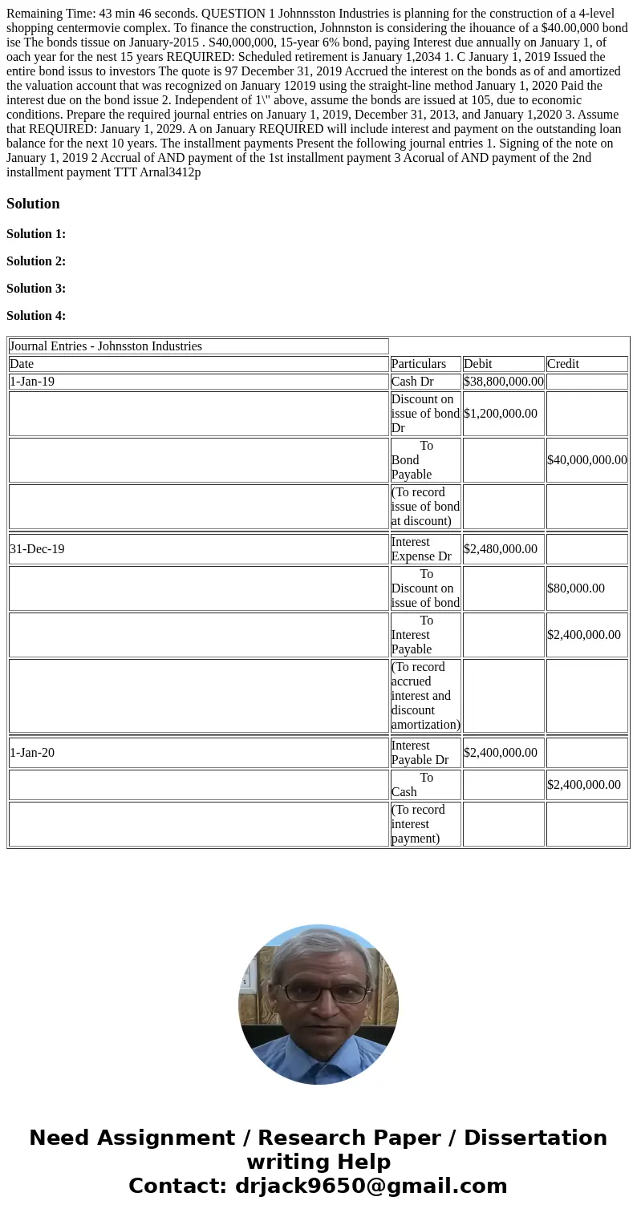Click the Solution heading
coord(33,204)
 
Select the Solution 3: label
coord(36,289)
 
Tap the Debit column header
coord(478,364)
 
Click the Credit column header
coord(563,364)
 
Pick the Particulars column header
coord(419,364)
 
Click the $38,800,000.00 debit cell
coord(503,382)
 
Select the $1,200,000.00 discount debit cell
coord(501,414)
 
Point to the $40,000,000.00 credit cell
coord(586,460)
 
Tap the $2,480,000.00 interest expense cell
coord(501,549)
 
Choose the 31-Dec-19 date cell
coord(37,549)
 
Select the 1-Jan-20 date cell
coord(32,753)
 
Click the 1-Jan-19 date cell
coord(32,382)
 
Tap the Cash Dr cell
coord(412,382)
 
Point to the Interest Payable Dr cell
coord(420,753)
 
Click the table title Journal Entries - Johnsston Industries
coord(106,346)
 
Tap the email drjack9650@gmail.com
coord(371,1187)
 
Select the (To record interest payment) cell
coord(418,824)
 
